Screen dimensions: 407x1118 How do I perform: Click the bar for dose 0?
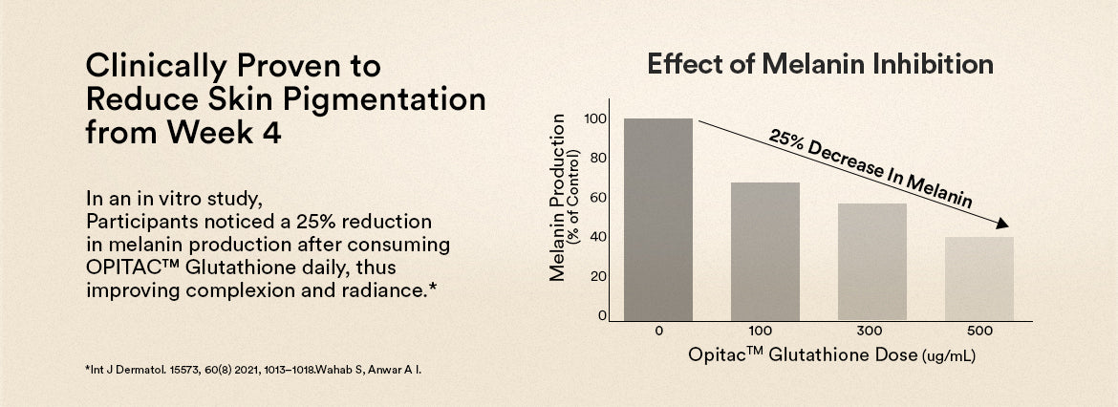(x=658, y=220)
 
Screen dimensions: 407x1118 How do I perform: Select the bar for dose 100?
(x=764, y=251)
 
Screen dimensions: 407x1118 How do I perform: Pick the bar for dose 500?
(x=978, y=279)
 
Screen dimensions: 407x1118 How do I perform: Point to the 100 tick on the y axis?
(x=596, y=119)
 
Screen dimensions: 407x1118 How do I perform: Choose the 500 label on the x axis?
(x=979, y=331)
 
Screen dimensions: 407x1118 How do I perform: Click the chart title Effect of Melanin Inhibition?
(x=820, y=65)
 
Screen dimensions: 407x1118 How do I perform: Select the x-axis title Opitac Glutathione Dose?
(x=803, y=355)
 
